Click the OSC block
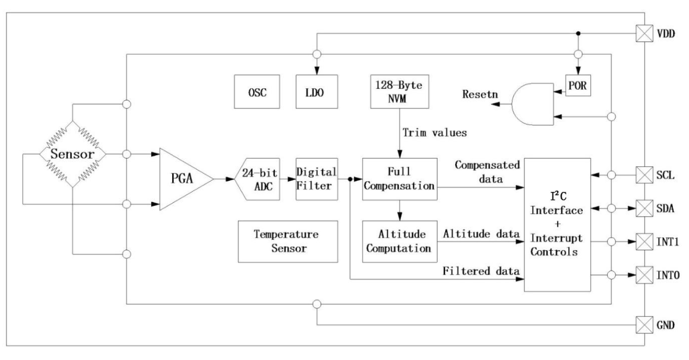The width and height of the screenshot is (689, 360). tap(255, 91)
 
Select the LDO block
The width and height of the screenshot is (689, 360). tap(316, 91)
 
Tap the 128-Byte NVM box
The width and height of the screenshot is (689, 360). tap(400, 91)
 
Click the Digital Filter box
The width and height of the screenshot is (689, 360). tap(317, 179)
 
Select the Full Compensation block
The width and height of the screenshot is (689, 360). tap(400, 179)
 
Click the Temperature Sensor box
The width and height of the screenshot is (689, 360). tap(288, 242)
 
